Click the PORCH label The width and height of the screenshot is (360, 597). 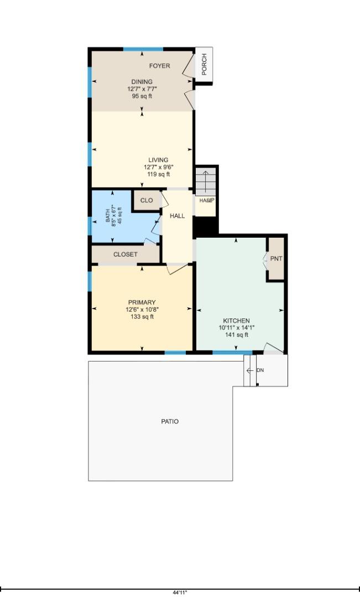[x=204, y=64]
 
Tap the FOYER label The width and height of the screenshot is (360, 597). [x=159, y=66]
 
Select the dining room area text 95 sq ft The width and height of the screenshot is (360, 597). [x=142, y=96]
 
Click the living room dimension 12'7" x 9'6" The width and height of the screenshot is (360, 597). [x=158, y=167]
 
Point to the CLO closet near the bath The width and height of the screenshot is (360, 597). [x=147, y=201]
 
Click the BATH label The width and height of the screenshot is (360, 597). [x=108, y=214]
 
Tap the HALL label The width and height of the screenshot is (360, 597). [x=178, y=216]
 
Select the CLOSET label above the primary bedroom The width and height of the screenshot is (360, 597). [x=126, y=254]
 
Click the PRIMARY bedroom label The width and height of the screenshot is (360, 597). [x=142, y=302]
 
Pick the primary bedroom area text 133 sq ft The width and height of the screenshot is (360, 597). [x=142, y=317]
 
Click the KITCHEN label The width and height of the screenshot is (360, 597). [x=236, y=321]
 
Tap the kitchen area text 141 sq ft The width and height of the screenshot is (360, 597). [x=236, y=334]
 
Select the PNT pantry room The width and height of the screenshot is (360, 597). [x=276, y=259]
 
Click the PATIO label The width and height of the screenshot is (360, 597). [x=170, y=421]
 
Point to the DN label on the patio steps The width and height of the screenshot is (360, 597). [x=260, y=370]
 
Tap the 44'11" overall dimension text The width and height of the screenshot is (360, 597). [x=180, y=592]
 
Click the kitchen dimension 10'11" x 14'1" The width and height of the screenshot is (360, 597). [x=236, y=327]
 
